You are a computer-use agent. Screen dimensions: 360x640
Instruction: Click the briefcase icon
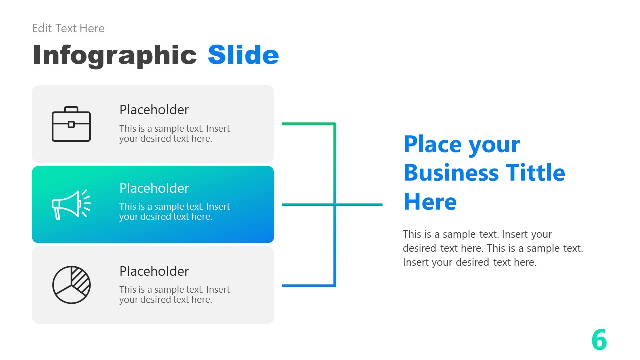click(x=71, y=124)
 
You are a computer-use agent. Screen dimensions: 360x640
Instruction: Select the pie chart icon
click(x=71, y=285)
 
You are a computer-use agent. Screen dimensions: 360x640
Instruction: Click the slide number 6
click(x=599, y=340)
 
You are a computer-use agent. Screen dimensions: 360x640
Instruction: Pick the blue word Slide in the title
click(x=243, y=55)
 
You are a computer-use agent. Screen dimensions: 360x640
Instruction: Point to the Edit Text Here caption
click(x=68, y=28)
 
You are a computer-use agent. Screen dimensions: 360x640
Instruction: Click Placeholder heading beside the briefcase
click(x=154, y=110)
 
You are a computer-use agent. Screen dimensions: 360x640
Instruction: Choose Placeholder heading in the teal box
click(x=154, y=188)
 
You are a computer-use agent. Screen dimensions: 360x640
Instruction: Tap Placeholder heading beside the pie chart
click(x=154, y=271)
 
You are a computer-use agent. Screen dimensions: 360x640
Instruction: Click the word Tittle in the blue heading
click(x=535, y=173)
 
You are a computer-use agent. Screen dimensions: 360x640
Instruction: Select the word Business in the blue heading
click(x=451, y=173)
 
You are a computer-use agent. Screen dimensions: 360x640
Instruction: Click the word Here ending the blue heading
click(x=430, y=202)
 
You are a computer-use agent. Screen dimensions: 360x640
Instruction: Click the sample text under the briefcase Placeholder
click(x=174, y=134)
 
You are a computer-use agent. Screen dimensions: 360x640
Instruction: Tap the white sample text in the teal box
click(x=174, y=212)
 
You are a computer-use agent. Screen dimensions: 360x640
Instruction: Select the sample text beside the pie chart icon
click(x=174, y=295)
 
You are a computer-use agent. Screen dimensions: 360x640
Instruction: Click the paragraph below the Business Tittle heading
click(x=493, y=248)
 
